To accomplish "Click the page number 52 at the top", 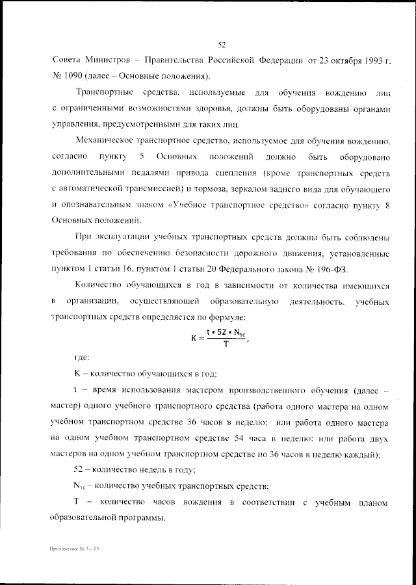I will point(221,45).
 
